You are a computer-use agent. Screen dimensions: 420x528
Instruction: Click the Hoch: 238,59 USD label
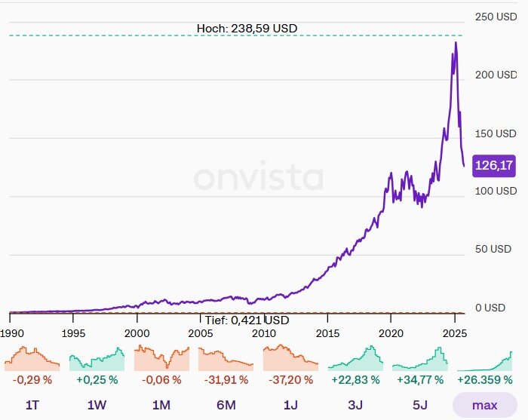pos(247,28)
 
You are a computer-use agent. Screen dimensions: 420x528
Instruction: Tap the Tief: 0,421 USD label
pos(247,320)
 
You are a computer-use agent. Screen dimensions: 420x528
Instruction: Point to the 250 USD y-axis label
pos(496,17)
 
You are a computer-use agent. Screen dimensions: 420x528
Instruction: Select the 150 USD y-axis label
pos(496,133)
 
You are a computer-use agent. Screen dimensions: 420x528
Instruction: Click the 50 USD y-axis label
pos(499,250)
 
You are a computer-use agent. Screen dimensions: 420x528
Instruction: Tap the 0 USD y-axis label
pos(495,308)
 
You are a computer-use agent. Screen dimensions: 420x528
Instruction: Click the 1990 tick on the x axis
pos(11,333)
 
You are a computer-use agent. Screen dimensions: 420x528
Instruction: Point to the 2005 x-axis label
pos(199,333)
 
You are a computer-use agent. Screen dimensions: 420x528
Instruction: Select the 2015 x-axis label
pos(327,333)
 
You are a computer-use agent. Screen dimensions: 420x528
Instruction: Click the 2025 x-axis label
pos(453,333)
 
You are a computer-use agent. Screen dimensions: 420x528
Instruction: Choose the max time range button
pos(484,405)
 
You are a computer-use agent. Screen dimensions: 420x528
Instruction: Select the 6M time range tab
pos(226,405)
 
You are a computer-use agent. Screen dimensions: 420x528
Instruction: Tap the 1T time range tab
pos(32,405)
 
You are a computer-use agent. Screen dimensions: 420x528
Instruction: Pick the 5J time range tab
pos(419,405)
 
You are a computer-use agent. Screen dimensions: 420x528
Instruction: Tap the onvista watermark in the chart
pos(259,178)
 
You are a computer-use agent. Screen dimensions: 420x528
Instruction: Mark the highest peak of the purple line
pos(456,43)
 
